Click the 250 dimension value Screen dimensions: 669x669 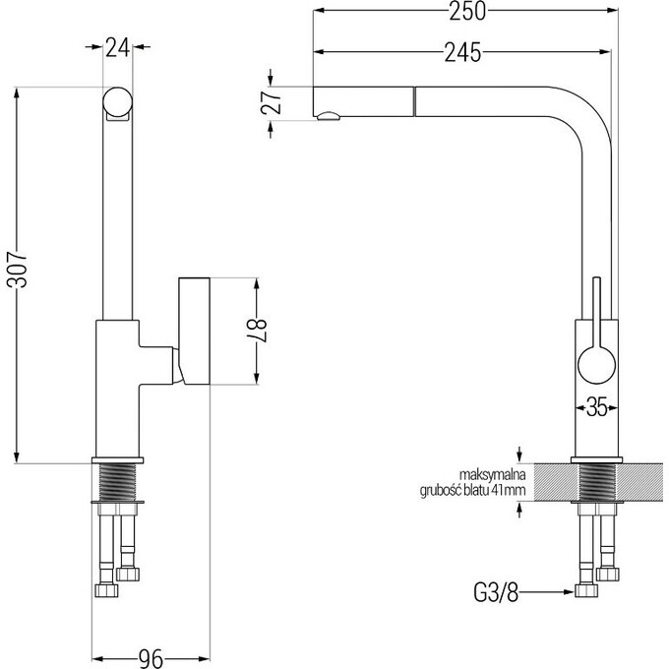(x=467, y=12)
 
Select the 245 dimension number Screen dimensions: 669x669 (x=462, y=52)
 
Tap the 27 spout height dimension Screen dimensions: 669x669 (x=272, y=103)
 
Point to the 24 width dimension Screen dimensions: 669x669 (x=117, y=47)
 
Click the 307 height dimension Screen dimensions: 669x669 (x=18, y=270)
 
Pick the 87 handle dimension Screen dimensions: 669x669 (x=257, y=331)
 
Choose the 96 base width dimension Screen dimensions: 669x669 (x=152, y=659)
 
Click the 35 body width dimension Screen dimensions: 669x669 (x=596, y=407)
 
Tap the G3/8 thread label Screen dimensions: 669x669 (x=496, y=592)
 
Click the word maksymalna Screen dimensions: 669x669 (x=492, y=474)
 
